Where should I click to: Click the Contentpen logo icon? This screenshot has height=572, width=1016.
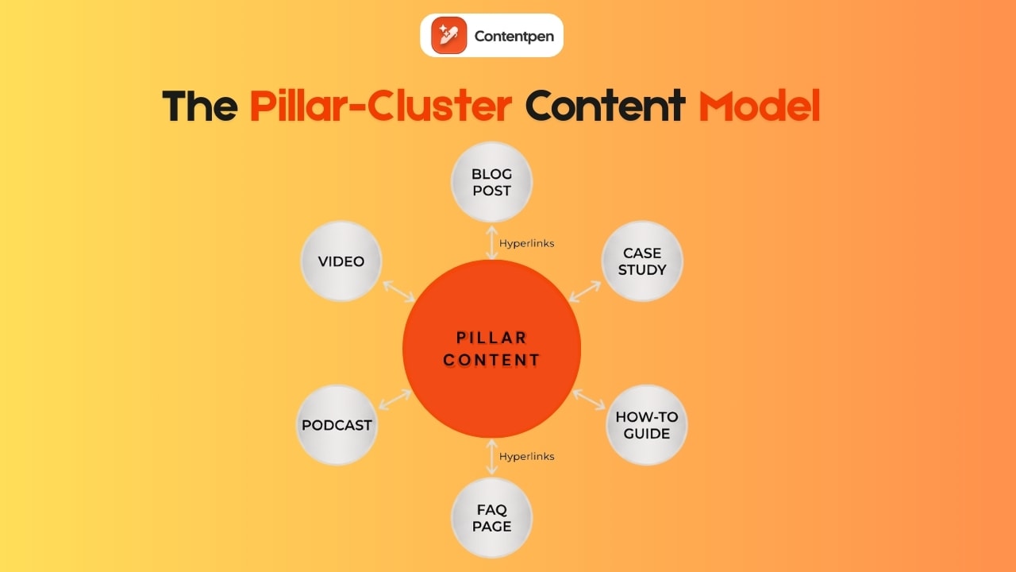pos(449,35)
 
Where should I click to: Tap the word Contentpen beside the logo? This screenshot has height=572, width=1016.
pos(514,36)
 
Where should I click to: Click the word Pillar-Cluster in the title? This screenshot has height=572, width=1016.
pos(380,106)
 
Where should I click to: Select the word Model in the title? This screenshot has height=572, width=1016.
pos(759,106)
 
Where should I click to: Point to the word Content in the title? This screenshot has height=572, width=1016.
pos(605,106)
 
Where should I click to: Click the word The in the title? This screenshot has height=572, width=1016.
pos(199,106)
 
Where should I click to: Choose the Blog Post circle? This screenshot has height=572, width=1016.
pos(491,182)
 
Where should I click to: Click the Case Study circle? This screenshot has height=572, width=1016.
pos(642,261)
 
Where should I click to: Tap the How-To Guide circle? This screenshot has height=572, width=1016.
pos(647,425)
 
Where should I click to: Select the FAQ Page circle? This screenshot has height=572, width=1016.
pos(491,517)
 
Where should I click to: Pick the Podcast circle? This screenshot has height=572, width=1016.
pos(337,425)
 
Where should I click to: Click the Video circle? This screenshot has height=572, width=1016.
pos(341,261)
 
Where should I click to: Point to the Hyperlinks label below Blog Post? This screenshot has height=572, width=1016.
pos(527,243)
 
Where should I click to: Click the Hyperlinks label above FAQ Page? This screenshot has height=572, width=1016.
pos(527,456)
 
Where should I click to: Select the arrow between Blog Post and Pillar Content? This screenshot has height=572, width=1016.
pos(492,242)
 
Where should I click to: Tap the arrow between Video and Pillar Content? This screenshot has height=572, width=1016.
pos(399,292)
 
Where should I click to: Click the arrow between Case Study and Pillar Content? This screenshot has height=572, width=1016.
pos(585,291)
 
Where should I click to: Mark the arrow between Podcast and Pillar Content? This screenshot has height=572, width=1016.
pos(395,400)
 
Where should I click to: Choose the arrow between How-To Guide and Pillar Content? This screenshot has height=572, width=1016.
pos(589,399)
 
